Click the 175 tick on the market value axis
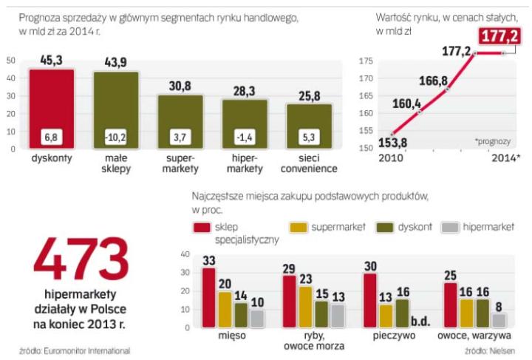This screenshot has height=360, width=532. pos(366,60)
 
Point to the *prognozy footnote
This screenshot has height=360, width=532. pos(492,138)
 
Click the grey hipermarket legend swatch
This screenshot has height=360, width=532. pos(449,228)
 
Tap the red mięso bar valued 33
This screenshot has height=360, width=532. pos(208,298)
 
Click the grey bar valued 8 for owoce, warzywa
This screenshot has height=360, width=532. pos(499,320)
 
